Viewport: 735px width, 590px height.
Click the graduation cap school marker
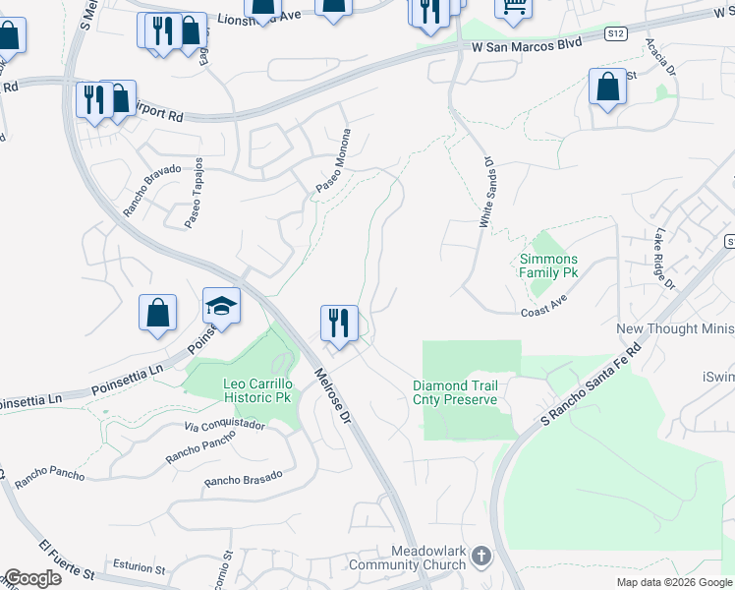tap(221, 306)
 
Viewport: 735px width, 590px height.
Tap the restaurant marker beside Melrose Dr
tap(339, 323)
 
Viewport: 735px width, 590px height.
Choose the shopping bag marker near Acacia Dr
tap(607, 87)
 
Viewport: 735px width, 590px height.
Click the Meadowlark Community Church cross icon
tap(481, 556)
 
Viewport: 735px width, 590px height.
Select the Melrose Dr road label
tap(331, 396)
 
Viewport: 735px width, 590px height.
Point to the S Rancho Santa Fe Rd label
tap(590, 384)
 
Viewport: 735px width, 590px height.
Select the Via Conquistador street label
tap(225, 426)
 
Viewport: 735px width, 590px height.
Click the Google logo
tap(31, 578)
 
